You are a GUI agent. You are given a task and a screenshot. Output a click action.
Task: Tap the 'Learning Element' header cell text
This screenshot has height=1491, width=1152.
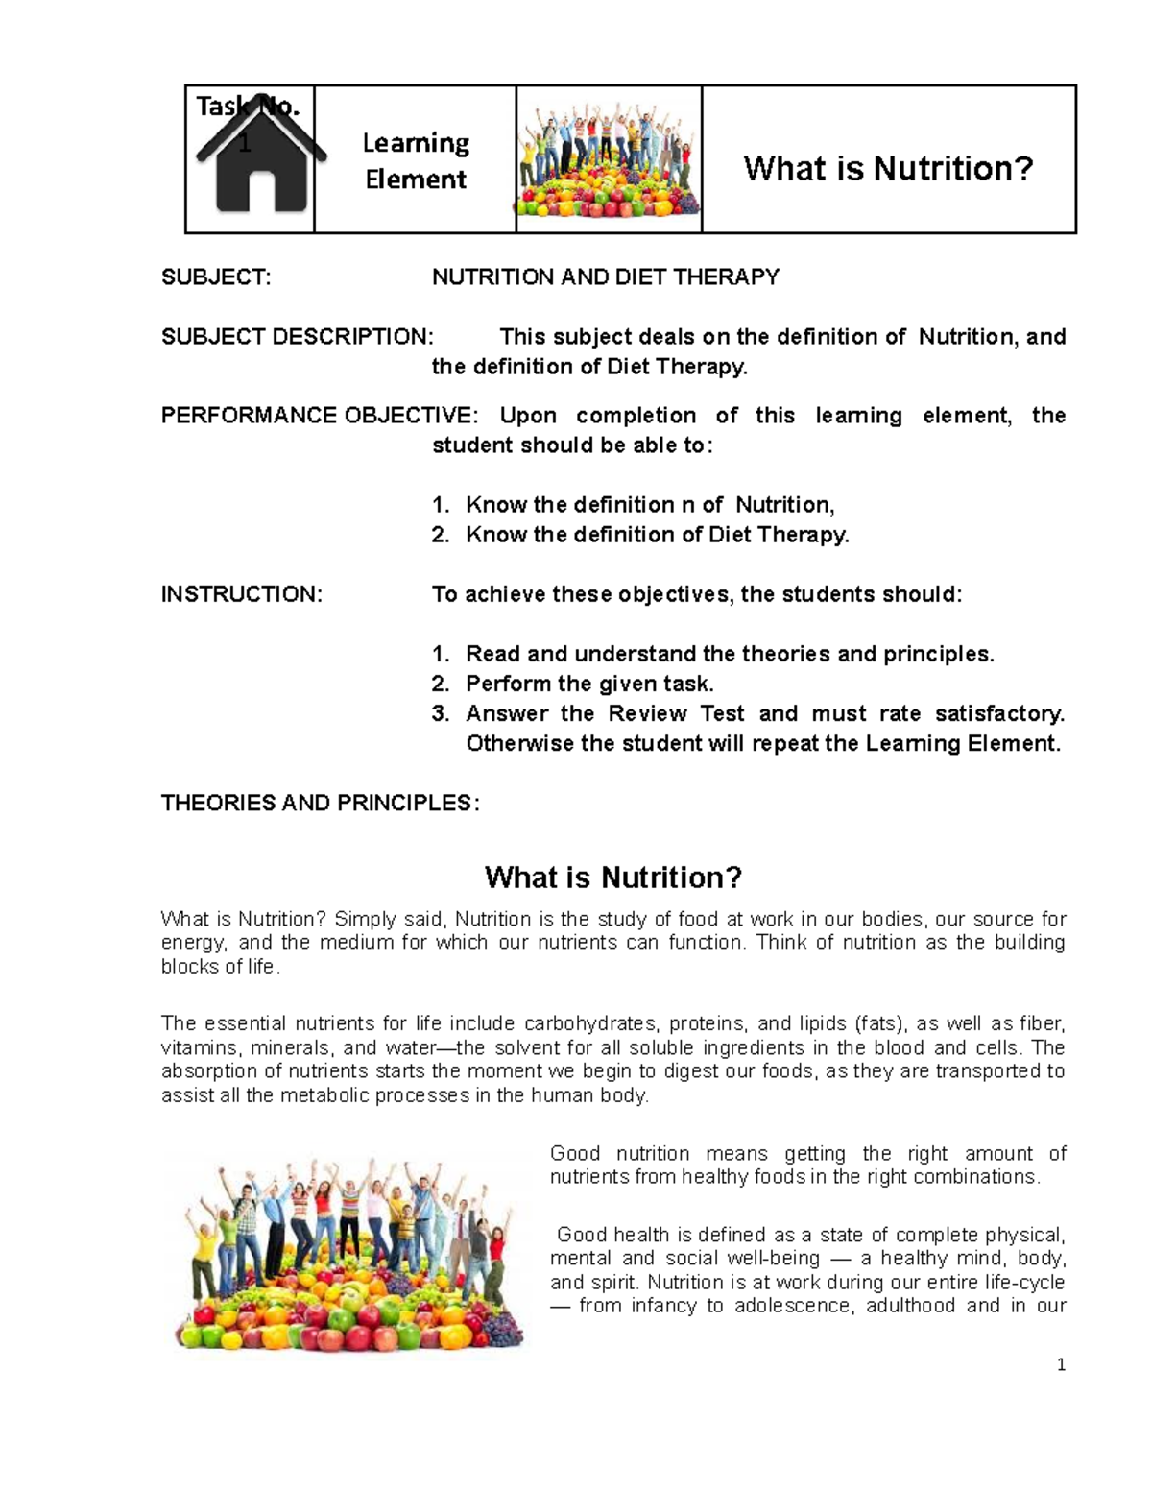[416, 160]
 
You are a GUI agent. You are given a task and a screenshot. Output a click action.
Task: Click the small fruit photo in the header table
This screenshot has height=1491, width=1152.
[609, 158]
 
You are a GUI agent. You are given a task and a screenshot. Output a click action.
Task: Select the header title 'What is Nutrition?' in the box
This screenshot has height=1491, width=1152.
[888, 169]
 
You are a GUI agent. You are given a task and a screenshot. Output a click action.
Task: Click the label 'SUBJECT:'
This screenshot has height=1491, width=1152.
[216, 277]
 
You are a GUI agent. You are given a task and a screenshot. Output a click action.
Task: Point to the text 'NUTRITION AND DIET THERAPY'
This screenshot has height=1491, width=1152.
[605, 277]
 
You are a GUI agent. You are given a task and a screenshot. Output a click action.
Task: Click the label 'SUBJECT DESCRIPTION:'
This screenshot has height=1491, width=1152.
[297, 337]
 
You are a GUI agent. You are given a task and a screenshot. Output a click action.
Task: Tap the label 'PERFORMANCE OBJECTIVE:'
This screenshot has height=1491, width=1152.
[318, 416]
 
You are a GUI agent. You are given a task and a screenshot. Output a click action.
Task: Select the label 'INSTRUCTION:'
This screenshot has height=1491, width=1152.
[241, 594]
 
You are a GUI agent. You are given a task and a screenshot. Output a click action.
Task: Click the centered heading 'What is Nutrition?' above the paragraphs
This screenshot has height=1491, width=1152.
[613, 877]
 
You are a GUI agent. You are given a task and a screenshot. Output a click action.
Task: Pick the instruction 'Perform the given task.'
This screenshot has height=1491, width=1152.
[589, 684]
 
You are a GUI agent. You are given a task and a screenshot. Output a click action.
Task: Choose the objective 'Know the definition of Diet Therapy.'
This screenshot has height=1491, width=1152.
[658, 535]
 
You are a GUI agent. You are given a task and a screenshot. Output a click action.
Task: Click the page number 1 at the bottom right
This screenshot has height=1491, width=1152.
[1061, 1365]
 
